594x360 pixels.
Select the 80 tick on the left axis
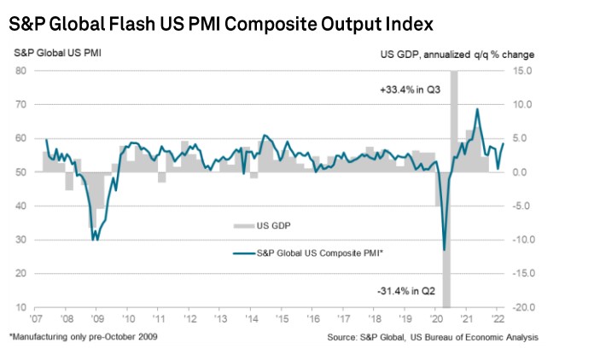pos(19,70)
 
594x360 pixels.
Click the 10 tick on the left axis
pos(19,308)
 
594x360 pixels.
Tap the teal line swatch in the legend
pos(242,253)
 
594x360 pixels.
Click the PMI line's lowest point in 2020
pos(445,250)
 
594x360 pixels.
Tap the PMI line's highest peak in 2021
pos(477,108)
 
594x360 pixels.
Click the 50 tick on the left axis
pos(19,172)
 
